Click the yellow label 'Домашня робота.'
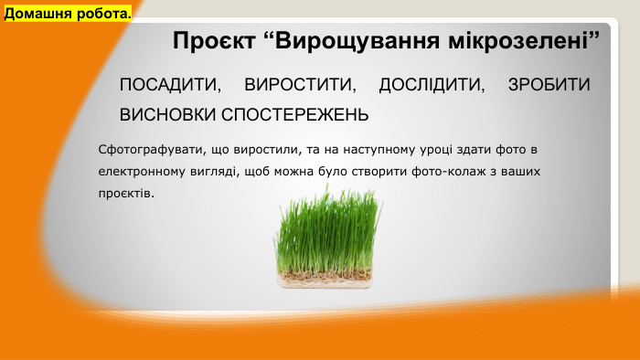pyautogui.click(x=68, y=14)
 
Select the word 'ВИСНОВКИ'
pyautogui.click(x=162, y=116)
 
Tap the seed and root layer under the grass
pyautogui.click(x=326, y=275)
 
